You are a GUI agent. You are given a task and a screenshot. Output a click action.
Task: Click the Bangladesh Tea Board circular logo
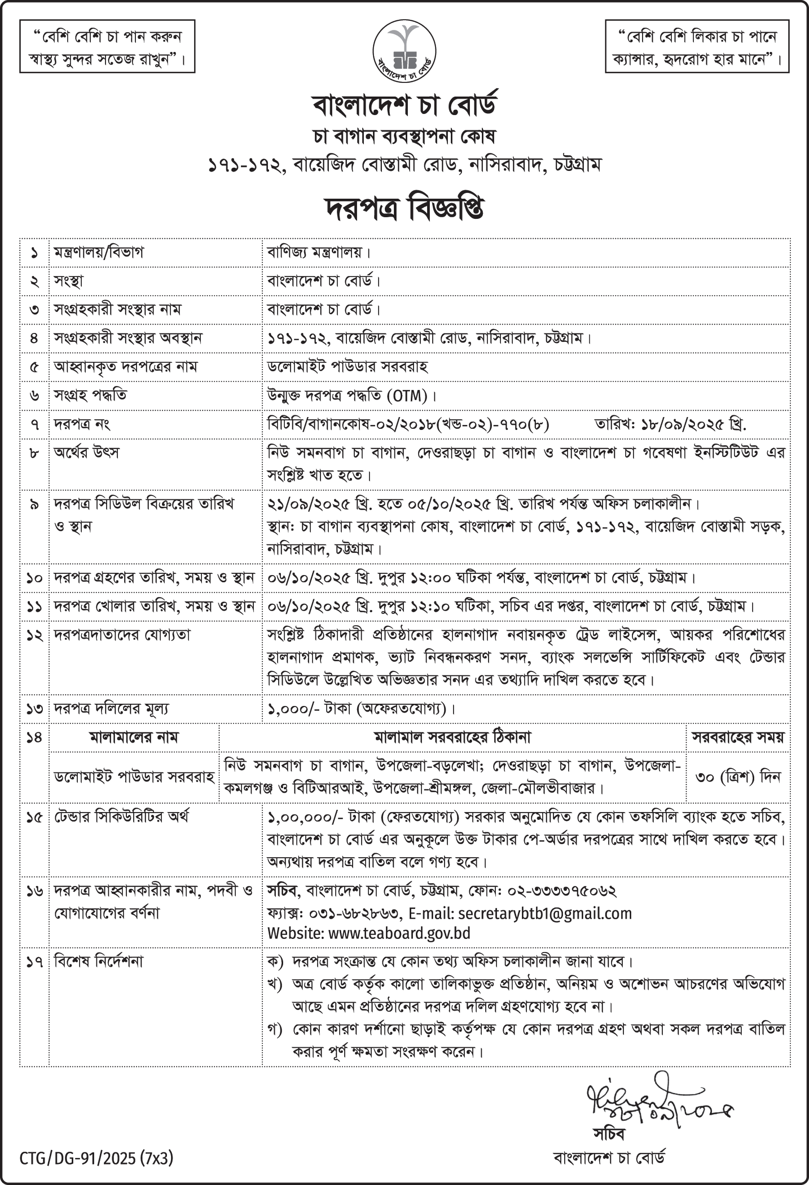point(404,50)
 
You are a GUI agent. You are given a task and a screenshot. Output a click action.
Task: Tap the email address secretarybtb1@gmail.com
point(545,913)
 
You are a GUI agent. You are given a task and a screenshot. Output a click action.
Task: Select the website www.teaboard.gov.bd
point(399,934)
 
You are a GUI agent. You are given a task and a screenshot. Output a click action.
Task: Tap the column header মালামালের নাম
point(134,737)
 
